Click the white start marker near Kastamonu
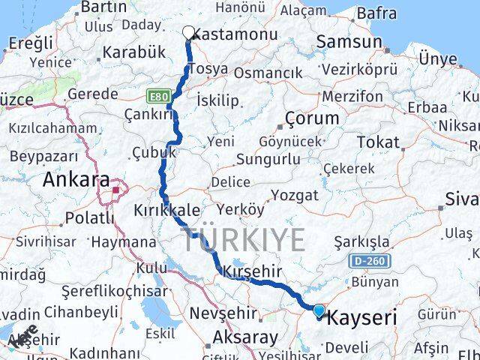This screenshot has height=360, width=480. [189, 32]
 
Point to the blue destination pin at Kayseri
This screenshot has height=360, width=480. [319, 310]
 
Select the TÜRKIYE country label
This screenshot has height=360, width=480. [244, 240]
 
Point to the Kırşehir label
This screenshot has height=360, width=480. [248, 271]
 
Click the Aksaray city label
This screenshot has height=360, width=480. [224, 337]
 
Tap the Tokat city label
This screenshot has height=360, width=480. [377, 142]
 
